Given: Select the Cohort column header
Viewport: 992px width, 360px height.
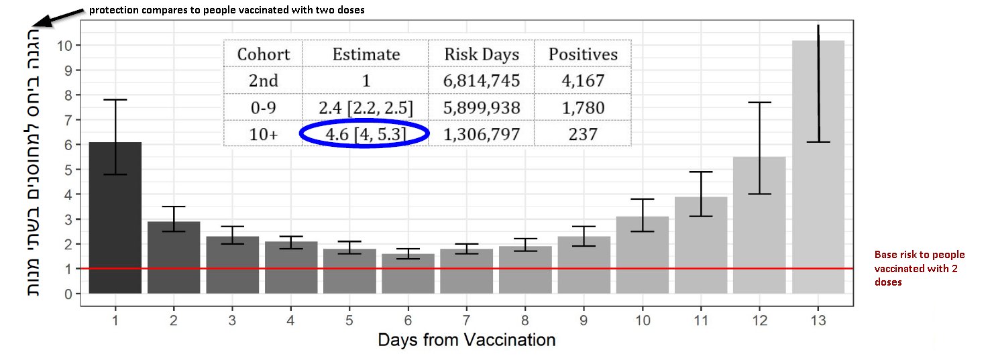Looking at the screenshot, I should coord(264,54).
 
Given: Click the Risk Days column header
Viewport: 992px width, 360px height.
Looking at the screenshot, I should coord(481,54).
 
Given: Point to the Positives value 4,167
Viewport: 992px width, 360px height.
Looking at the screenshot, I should coord(582,81).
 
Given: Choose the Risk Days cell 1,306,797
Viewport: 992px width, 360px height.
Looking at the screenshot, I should coord(481,134).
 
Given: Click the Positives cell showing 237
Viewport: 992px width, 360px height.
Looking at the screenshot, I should coord(582,134).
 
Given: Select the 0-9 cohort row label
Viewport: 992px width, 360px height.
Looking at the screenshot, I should coord(264,108).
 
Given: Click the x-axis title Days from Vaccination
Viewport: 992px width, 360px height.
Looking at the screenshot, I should coord(466,340).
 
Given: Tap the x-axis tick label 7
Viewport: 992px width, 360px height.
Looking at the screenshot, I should coord(466,320).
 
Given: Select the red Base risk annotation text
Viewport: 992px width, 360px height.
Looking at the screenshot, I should coord(919,268).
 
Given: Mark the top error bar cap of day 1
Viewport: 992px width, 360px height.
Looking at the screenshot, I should coord(115,99).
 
